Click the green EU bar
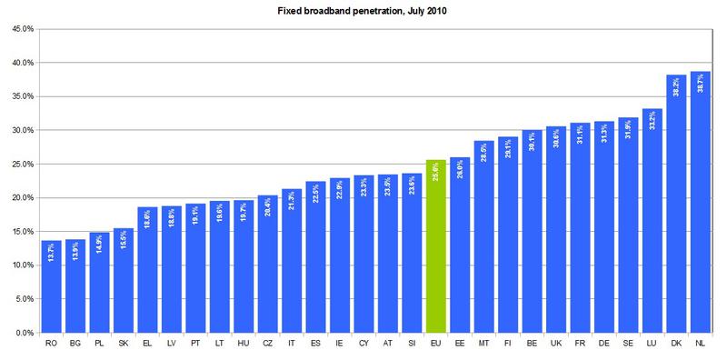pos(435,245)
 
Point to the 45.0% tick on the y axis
pos(22,29)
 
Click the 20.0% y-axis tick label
pos(22,197)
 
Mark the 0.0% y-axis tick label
pos(24,333)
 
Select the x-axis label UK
pos(556,345)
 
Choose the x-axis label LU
pos(652,345)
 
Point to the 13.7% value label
pos(53,257)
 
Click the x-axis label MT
pos(483,345)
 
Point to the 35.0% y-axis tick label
pos(22,96)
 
